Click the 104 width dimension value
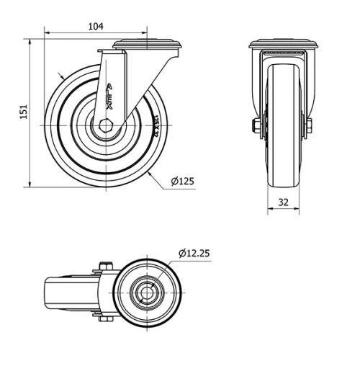click(95, 26)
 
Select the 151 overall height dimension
click(23, 112)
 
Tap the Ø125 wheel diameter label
click(184, 181)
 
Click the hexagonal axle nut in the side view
click(107, 125)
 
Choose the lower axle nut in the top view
click(102, 319)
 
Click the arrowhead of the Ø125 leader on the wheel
click(150, 172)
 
